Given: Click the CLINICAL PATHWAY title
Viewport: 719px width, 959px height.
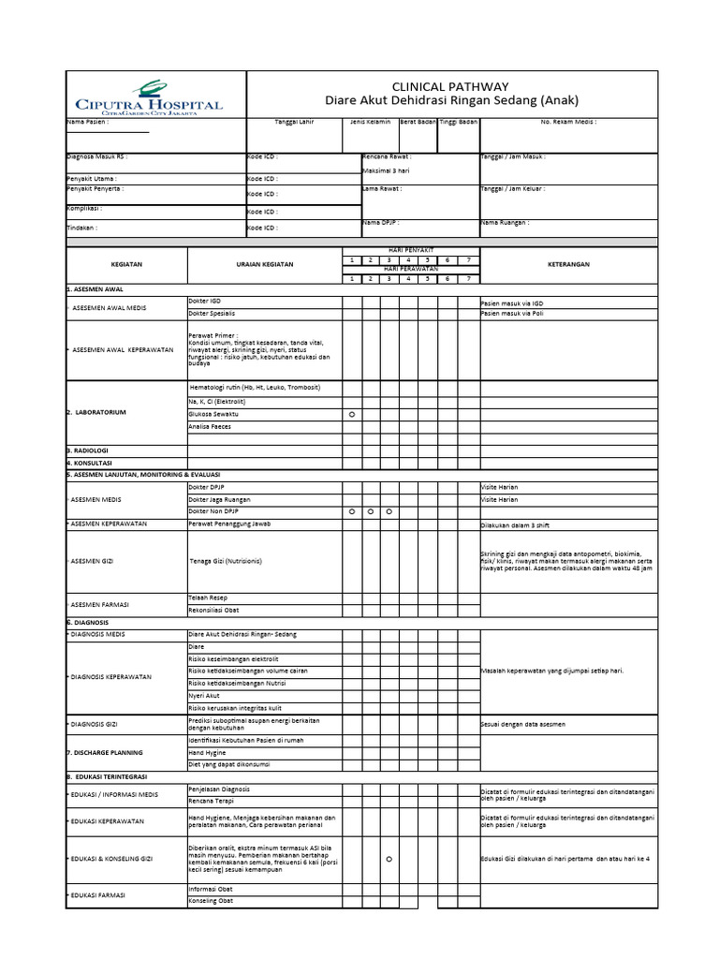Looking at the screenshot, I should point(451,85).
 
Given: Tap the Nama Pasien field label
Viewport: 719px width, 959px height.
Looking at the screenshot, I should point(87,122).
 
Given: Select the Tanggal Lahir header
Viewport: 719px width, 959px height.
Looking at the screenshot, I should point(294,122).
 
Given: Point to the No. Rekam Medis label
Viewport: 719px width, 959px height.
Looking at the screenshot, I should point(568,122).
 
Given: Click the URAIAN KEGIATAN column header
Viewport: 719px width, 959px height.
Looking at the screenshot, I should point(264,265).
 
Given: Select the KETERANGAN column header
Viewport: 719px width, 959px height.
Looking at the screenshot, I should point(568,265).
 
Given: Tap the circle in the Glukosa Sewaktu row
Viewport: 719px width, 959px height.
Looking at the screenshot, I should point(352,414).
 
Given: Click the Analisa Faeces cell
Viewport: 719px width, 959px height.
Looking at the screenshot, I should point(210,427).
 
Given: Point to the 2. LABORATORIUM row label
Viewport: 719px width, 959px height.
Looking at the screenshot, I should point(96,413).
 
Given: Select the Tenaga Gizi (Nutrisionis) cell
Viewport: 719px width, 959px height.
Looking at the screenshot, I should point(225,560).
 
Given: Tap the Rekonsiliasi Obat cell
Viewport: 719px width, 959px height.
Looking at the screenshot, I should point(213,611).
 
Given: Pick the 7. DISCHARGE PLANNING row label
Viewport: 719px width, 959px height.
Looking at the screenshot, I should point(105,752).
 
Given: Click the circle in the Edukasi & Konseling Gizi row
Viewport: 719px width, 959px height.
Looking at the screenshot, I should point(389,859).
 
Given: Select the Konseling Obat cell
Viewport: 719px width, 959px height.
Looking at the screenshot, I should point(210,901).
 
